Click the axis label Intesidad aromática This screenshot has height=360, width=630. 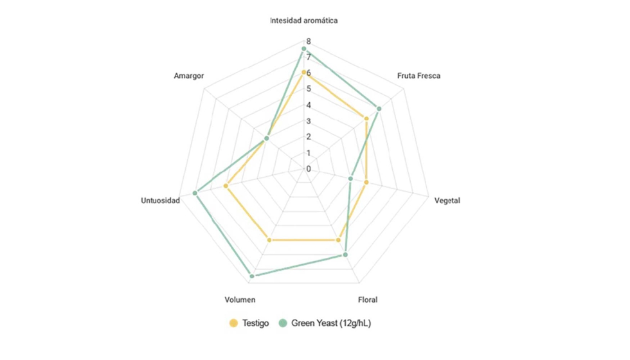(x=303, y=21)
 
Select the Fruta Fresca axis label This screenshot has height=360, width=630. (x=419, y=76)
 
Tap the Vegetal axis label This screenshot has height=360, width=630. (x=447, y=201)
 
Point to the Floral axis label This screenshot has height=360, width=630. (x=367, y=300)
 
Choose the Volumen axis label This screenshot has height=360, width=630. (x=240, y=300)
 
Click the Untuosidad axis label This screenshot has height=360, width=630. (x=160, y=201)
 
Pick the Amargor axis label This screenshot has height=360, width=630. (x=188, y=76)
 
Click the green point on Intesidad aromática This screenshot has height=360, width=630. (x=303, y=49)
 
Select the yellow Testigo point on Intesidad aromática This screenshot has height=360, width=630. (x=303, y=72)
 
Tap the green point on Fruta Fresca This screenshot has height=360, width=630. (x=379, y=109)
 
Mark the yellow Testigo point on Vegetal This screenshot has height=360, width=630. (x=366, y=183)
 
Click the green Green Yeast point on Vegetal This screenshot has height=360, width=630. (x=351, y=179)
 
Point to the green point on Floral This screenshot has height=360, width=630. (x=345, y=255)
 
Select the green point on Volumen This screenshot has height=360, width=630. (x=251, y=276)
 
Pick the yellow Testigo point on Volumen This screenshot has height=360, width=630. (x=269, y=240)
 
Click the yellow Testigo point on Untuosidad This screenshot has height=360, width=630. (x=226, y=186)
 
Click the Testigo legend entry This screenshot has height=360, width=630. (x=249, y=323)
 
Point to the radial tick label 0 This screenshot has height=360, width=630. (x=308, y=169)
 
